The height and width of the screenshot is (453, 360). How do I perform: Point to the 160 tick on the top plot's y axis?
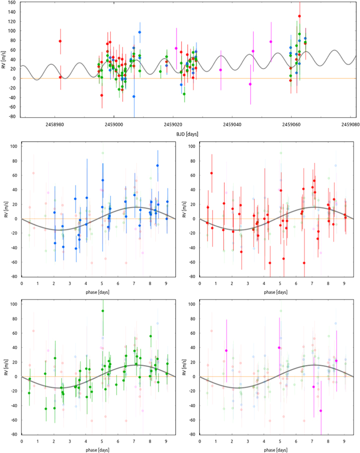[x=10, y=2]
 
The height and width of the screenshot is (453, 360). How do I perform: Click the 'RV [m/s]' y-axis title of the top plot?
[x=3, y=60]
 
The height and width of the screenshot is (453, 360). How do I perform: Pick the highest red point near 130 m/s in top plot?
[x=299, y=16]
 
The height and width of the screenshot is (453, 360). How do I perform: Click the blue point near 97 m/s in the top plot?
[x=140, y=32]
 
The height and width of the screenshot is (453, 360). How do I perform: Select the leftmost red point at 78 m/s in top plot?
[x=60, y=41]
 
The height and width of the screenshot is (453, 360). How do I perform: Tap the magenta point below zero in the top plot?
[x=250, y=84]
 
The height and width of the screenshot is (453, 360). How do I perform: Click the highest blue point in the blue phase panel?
[x=157, y=165]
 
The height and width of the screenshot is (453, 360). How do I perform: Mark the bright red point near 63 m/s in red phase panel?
[x=212, y=173]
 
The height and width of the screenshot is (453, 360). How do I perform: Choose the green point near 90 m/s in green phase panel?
[x=103, y=311]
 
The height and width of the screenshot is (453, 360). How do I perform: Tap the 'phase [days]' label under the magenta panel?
[x=276, y=449]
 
